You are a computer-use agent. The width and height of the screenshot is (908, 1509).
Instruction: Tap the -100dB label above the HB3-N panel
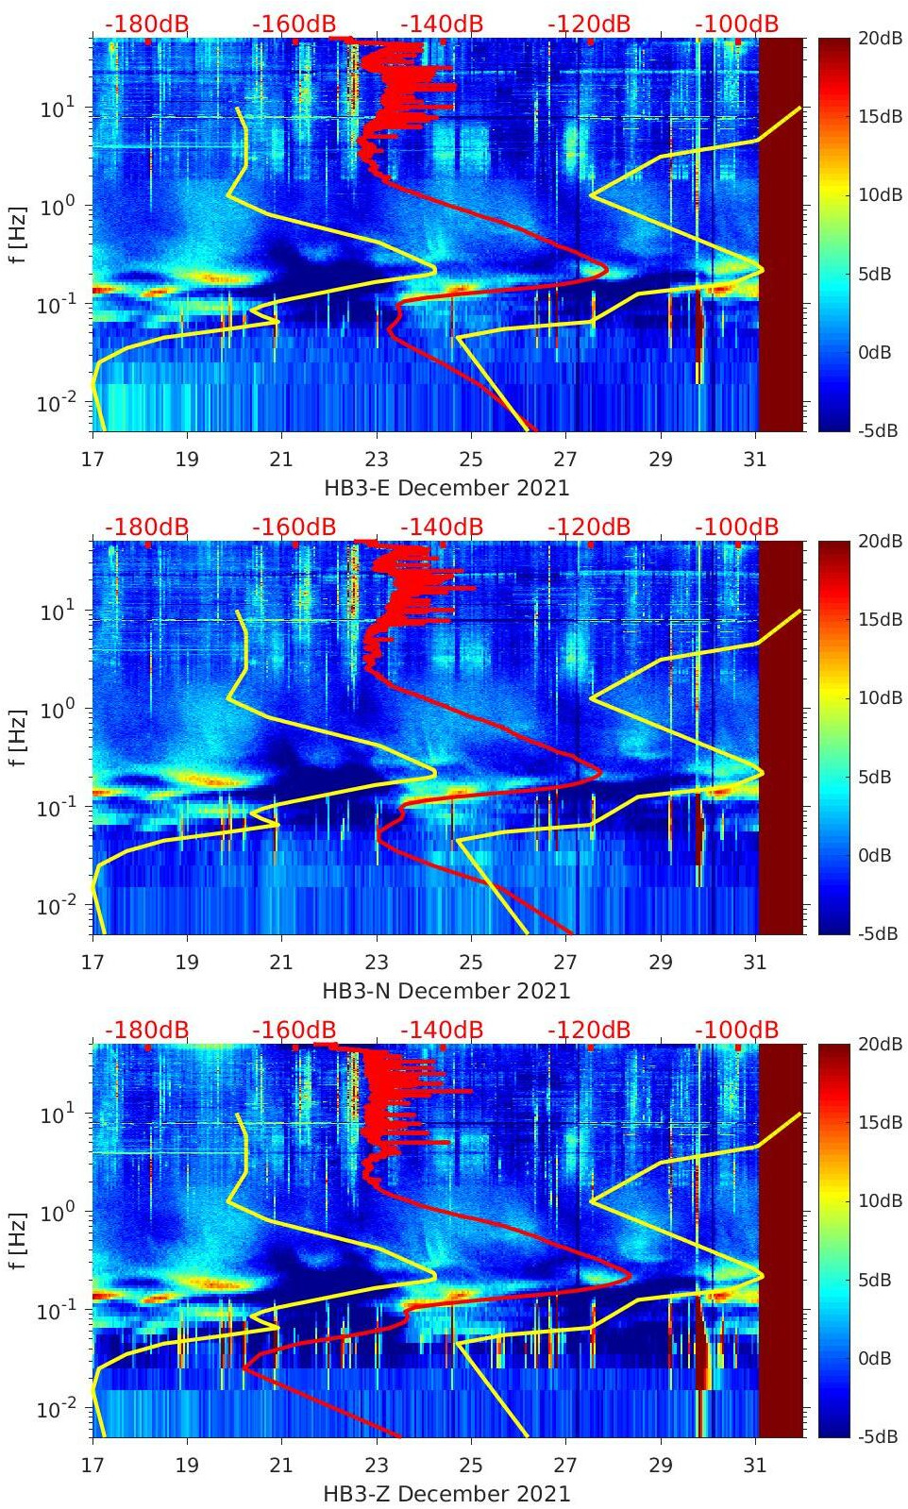click(x=736, y=527)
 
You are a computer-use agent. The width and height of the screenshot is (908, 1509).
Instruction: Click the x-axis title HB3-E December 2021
click(x=446, y=488)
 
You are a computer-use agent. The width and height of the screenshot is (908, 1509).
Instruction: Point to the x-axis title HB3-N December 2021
click(x=446, y=991)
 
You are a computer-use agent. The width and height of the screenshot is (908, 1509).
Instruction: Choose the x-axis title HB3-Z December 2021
click(x=446, y=1494)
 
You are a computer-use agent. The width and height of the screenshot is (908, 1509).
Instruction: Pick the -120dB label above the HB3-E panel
click(x=588, y=23)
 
